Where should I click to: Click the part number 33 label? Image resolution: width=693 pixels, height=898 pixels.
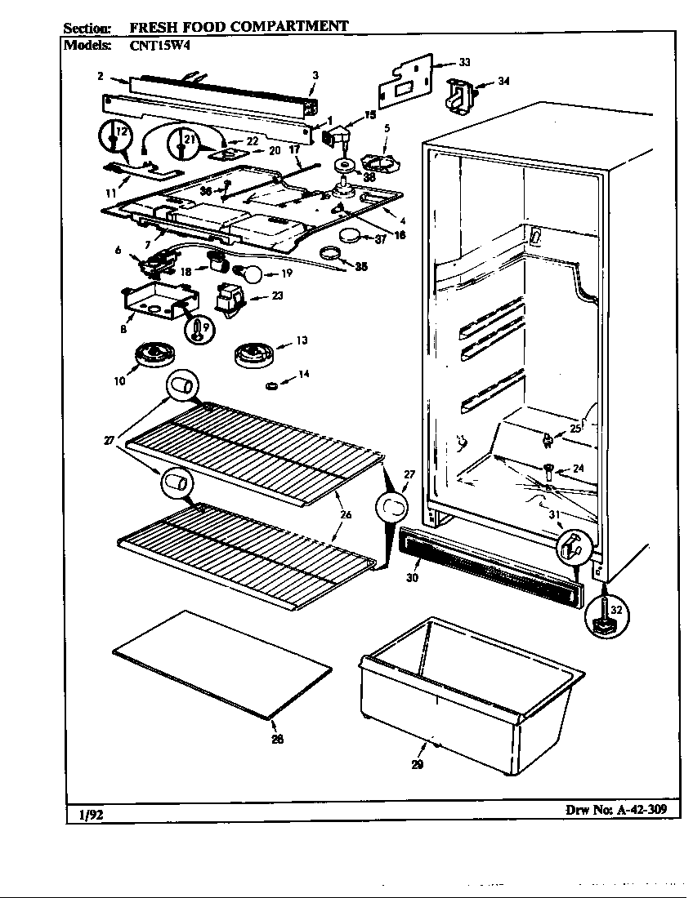click(x=464, y=63)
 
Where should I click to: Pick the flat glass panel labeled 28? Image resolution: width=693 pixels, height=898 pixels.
click(x=222, y=664)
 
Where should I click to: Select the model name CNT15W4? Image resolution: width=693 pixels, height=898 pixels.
click(x=159, y=47)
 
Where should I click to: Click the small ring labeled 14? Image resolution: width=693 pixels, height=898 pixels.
click(x=270, y=385)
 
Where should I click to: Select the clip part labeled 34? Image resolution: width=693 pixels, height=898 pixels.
click(x=457, y=91)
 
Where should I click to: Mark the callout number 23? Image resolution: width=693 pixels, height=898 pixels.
click(x=278, y=296)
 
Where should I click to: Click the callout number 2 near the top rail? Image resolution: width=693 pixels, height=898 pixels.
click(x=99, y=76)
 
